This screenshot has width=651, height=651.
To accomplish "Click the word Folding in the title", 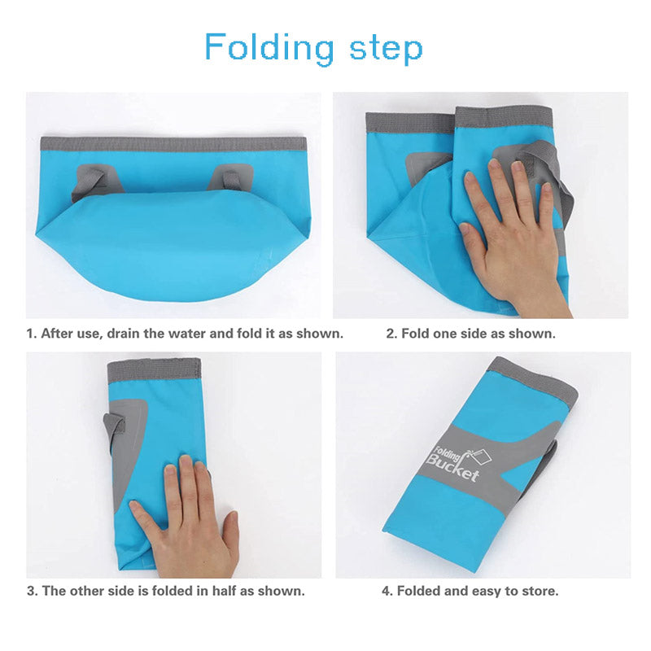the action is coord(269,48).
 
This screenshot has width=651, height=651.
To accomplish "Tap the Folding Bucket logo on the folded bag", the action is coord(458,463).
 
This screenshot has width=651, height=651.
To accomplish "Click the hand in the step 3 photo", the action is coord(187,519).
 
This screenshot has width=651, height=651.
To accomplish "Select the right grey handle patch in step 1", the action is coord(231,177).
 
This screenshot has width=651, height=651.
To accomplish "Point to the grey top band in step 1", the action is coord(173,144).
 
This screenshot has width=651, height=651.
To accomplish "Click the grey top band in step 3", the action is coord(154,371).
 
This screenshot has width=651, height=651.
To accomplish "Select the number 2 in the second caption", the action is coord(391,334).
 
